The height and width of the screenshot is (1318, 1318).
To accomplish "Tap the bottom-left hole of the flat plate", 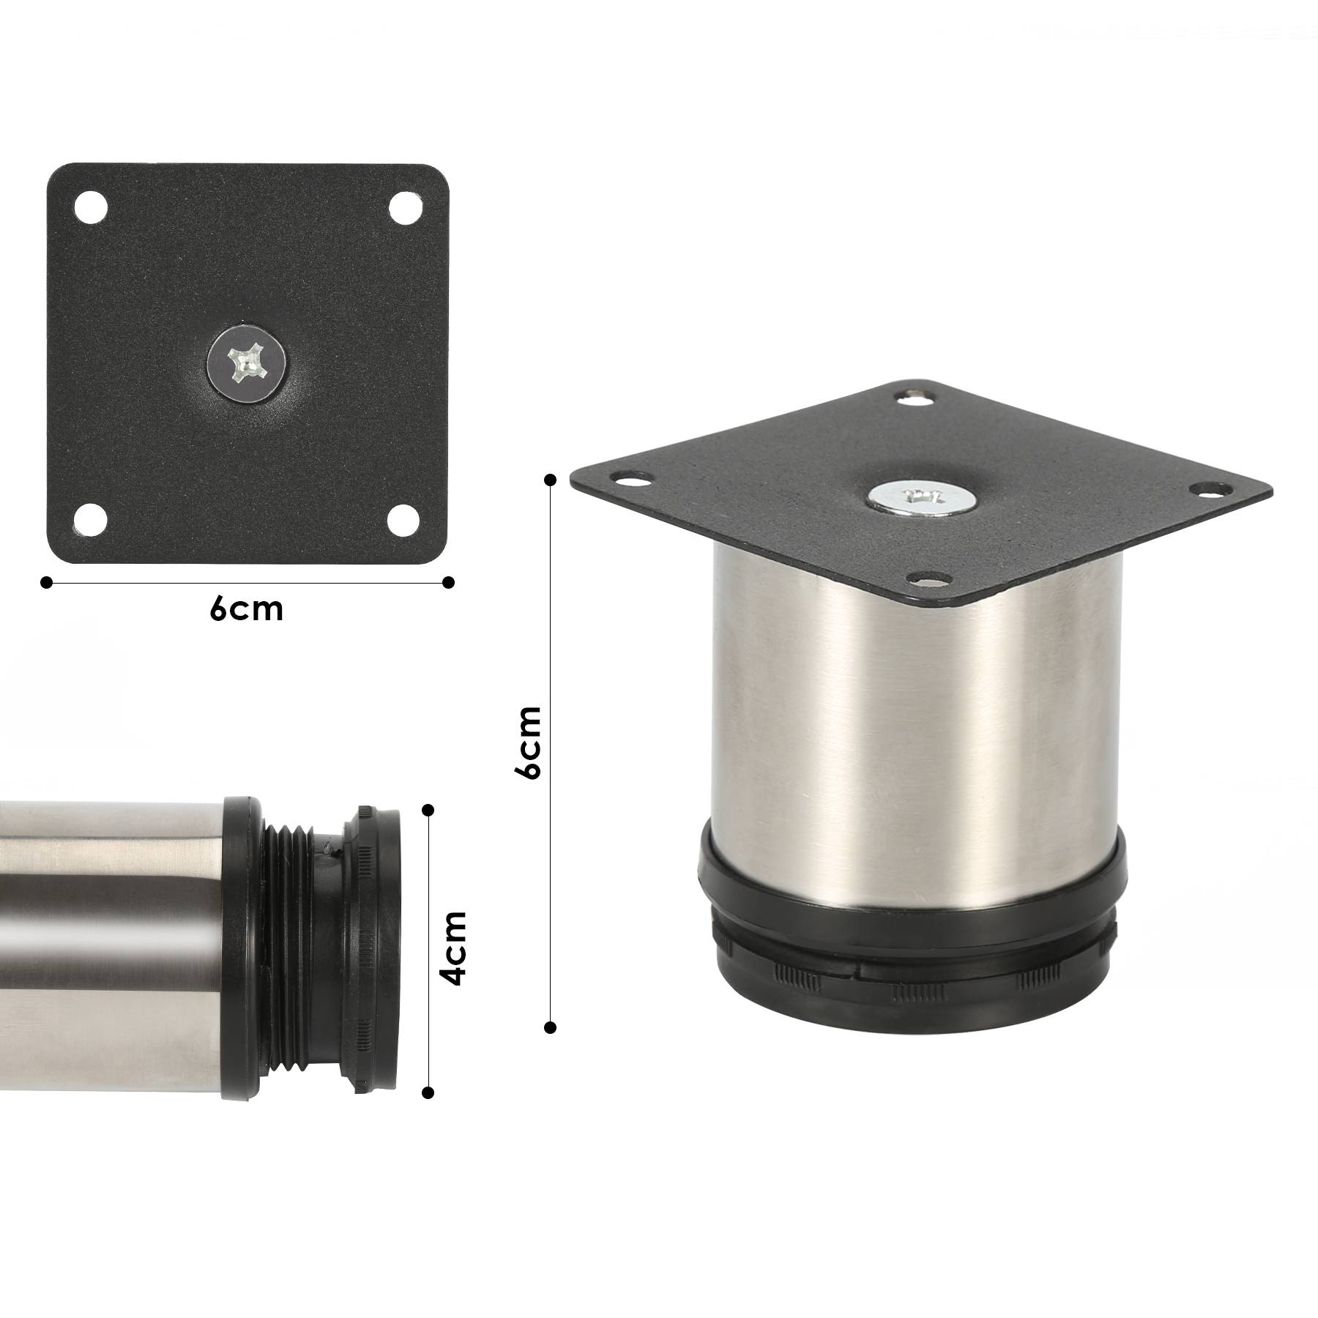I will click(x=92, y=519).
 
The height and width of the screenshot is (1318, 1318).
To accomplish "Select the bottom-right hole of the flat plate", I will click(x=403, y=520).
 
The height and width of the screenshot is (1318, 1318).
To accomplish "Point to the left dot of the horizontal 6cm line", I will click(x=47, y=582).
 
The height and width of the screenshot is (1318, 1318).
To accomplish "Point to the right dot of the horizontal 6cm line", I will click(x=449, y=582).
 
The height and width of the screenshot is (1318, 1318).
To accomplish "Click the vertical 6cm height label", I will click(x=528, y=742).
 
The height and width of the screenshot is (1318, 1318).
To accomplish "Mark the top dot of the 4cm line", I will click(x=429, y=809).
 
